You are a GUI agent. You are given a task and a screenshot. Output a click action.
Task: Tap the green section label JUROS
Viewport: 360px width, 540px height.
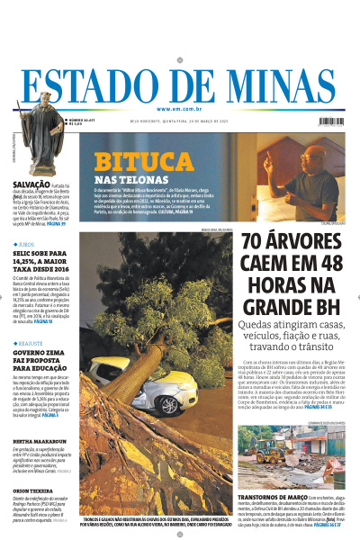(27, 244)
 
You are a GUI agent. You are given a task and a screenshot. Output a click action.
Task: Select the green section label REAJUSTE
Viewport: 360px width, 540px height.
(31, 343)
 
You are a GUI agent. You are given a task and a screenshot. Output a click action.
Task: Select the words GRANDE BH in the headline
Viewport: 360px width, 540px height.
(290, 309)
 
